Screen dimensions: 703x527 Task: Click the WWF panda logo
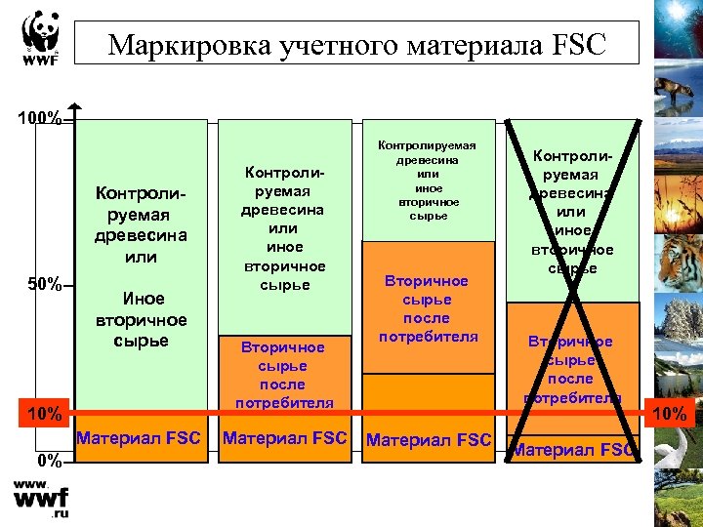(40, 39)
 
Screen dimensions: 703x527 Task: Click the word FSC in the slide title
(577, 45)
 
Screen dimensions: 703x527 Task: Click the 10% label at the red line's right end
(670, 415)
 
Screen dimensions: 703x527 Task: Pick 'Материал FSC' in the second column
(284, 438)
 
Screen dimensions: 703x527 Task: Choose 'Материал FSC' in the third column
(428, 440)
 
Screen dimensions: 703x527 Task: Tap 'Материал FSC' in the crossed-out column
(573, 450)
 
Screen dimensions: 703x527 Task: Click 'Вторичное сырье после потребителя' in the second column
(283, 375)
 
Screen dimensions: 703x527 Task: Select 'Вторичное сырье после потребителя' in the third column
(427, 308)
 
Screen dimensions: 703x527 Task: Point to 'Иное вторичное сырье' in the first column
(141, 320)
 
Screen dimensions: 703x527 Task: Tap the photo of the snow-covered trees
(674, 327)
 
